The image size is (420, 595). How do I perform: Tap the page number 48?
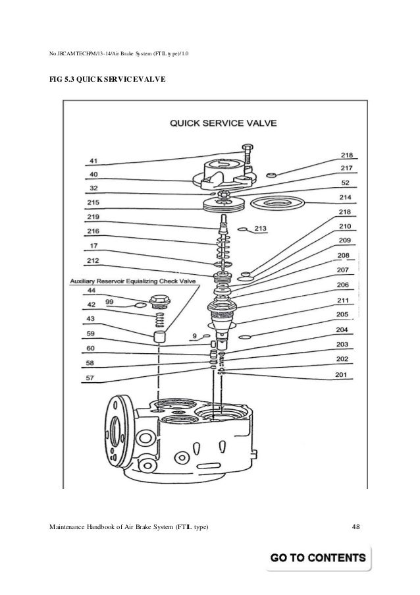pyautogui.click(x=356, y=525)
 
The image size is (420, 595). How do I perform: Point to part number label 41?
pyautogui.click(x=93, y=160)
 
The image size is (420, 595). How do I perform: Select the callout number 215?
pyautogui.click(x=94, y=203)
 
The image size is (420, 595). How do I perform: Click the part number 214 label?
pyautogui.click(x=345, y=197)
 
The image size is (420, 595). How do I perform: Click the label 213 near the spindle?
pyautogui.click(x=261, y=229)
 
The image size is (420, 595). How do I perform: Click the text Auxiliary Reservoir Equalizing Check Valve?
pyautogui.click(x=133, y=281)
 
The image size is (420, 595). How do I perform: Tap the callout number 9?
pyautogui.click(x=194, y=336)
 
